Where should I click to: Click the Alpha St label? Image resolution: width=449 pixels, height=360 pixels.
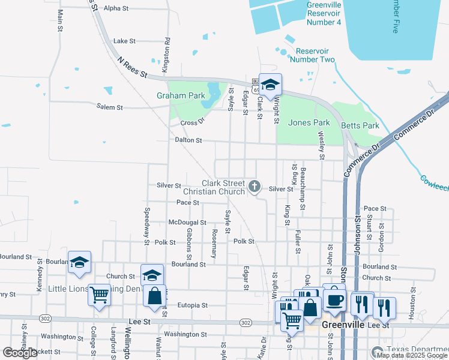[x=116, y=8]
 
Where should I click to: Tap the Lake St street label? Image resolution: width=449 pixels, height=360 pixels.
[x=124, y=41]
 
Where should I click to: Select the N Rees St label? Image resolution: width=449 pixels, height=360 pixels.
[x=132, y=67]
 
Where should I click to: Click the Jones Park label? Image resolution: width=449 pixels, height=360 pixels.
[x=309, y=122]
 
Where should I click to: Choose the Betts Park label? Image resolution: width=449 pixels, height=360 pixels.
[x=360, y=125]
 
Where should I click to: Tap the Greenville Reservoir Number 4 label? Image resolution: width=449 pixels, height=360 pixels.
[x=324, y=13]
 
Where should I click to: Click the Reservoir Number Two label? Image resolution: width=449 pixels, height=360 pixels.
[x=312, y=55]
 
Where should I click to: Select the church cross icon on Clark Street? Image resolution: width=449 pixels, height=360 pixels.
[x=255, y=187]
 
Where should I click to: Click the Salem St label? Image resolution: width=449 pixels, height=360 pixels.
[x=109, y=107]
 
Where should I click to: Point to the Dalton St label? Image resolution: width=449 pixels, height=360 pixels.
[x=188, y=140]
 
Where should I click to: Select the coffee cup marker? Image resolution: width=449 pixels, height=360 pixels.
[x=334, y=298]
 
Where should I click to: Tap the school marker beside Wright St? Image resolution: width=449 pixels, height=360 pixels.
[x=270, y=86]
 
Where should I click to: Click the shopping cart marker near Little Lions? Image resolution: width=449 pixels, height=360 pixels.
[x=99, y=295]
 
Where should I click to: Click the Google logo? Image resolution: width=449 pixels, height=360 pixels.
[x=20, y=353]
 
